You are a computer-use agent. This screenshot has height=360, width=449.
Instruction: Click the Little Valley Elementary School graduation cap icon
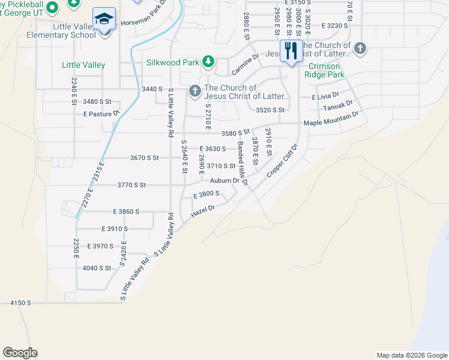tap(104, 19)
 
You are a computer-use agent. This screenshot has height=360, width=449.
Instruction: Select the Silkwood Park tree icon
tap(208, 61)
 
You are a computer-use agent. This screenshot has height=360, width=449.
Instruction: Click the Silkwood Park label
tap(173, 62)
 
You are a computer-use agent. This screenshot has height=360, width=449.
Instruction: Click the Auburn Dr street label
tap(224, 181)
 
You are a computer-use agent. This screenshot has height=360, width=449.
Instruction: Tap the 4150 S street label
tap(20, 303)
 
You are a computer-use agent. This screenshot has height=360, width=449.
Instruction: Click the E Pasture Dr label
tap(102, 113)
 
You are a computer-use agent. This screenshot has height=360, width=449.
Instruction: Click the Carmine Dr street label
tap(244, 66)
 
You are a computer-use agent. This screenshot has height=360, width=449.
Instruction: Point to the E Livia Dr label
tap(325, 95)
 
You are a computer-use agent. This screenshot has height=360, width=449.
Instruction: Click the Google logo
tap(20, 353)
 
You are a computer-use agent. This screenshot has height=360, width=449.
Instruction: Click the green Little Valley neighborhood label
tap(83, 65)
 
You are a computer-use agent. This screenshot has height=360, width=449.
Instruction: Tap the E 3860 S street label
tap(125, 212)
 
